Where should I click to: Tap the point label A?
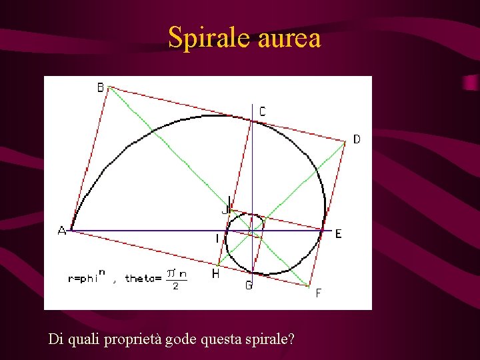(61, 231)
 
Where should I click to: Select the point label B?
(101, 87)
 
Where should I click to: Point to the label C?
(262, 111)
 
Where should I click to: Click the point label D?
(357, 139)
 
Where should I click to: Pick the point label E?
(338, 234)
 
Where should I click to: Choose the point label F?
(318, 293)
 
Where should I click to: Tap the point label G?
(248, 285)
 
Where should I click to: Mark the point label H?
(215, 274)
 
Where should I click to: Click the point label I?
(217, 238)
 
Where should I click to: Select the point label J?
(225, 209)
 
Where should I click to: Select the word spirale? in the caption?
(270, 339)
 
